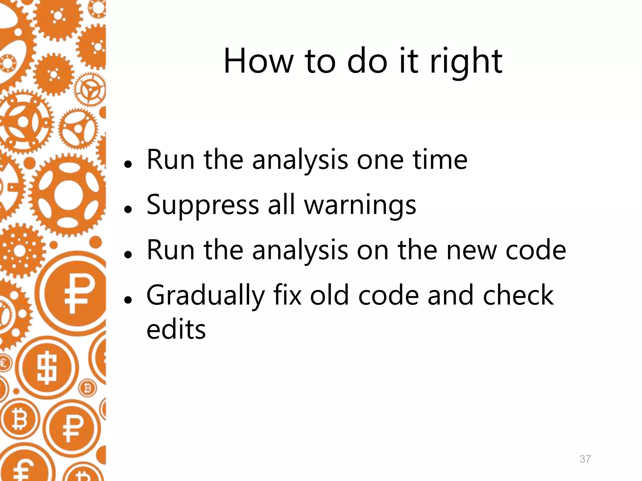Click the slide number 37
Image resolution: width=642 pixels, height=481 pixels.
pos(585,459)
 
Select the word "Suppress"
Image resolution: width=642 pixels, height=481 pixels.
pos(203,205)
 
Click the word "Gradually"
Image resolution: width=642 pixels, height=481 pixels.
pos(206,296)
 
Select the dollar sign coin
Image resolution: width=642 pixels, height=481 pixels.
pos(47,368)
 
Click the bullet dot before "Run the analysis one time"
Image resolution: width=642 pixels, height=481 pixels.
pos(127,164)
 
